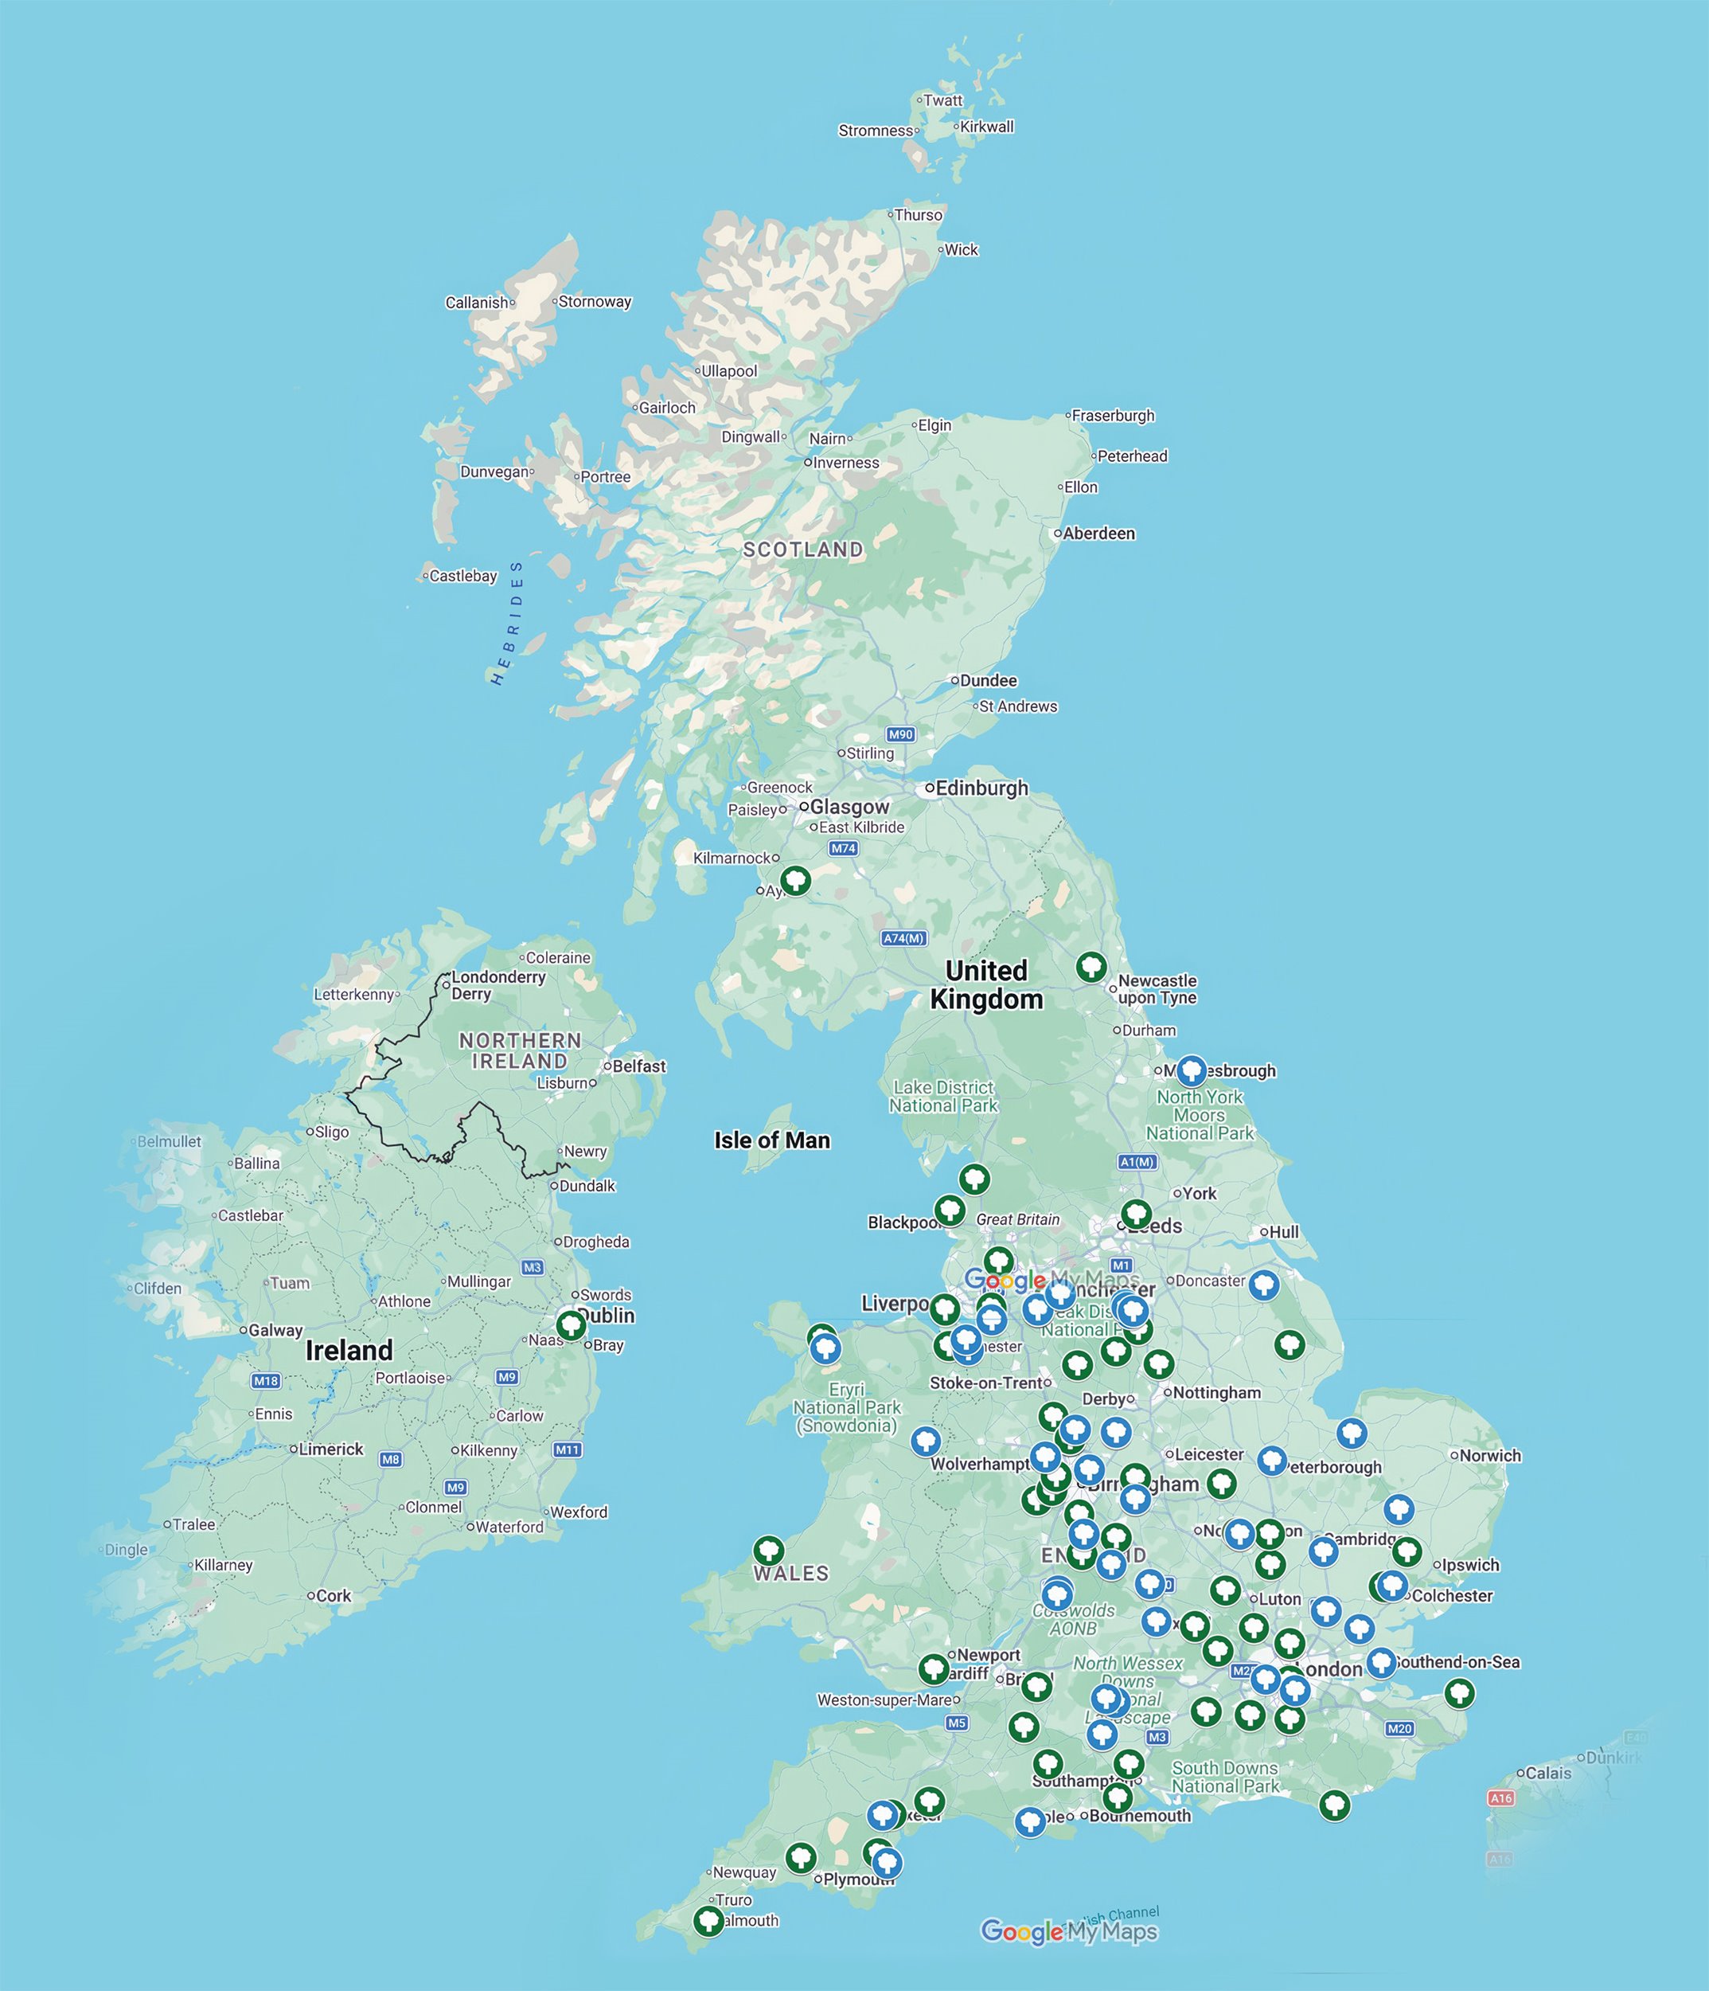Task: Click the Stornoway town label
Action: point(595,302)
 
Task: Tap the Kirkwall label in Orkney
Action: point(986,127)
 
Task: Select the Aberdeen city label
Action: point(1098,534)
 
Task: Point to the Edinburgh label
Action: point(981,788)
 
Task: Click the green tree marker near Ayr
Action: point(794,879)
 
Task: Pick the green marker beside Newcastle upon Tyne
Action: point(1091,966)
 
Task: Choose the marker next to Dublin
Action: point(572,1325)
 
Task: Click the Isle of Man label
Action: point(771,1140)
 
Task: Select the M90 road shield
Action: point(900,735)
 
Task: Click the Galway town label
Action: point(275,1331)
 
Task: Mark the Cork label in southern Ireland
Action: point(334,1596)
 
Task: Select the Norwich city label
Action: point(1490,1456)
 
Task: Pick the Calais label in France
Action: point(1548,1773)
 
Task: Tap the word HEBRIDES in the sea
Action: point(507,624)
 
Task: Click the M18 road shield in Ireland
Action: point(266,1381)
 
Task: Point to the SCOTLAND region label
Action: point(803,550)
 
